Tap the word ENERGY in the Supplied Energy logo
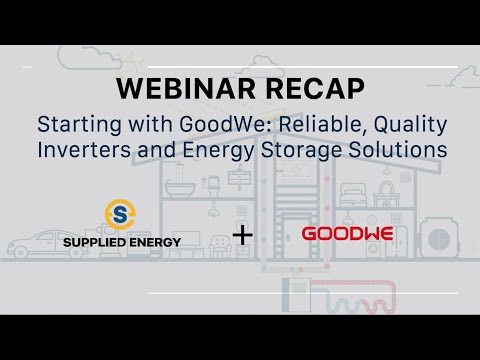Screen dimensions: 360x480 [x=156, y=243]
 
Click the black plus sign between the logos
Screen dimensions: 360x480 [x=241, y=236]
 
